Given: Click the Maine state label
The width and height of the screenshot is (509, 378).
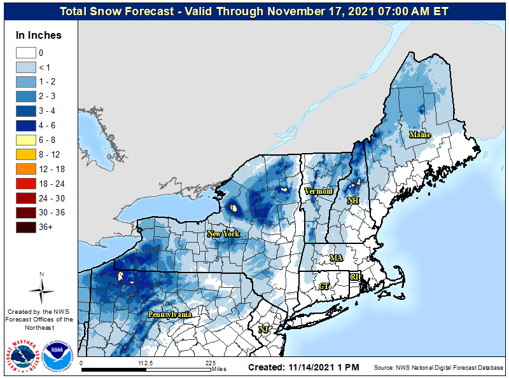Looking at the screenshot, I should pos(420,135).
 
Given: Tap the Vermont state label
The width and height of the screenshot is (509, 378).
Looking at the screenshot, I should pos(319,191).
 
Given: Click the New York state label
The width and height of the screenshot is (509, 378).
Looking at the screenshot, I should pos(223,234).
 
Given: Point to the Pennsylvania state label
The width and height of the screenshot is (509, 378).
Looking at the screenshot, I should pos(170,314).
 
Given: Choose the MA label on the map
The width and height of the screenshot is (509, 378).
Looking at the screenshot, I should pos(336,258).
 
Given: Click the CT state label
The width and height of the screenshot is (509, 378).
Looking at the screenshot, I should pos(324,287).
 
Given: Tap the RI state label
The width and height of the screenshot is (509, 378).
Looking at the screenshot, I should pos(355,277).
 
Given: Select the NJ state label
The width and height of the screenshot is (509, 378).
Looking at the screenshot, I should pos(263,330).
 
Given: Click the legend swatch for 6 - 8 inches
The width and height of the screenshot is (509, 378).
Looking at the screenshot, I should pos(25,140).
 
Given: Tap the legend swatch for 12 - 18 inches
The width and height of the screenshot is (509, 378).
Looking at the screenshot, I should pos(25,169).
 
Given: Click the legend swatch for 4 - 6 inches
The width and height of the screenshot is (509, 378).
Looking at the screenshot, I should pos(25,125).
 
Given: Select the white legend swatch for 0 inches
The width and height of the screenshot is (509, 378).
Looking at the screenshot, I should pos(25,53).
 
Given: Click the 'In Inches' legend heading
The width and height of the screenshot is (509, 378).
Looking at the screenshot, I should pos(39,35).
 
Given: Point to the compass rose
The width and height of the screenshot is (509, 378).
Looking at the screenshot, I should pos(41,289).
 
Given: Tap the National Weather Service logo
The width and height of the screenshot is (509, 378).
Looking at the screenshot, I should pos(24,356).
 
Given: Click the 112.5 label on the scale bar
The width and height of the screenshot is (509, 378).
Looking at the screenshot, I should pos(146,363).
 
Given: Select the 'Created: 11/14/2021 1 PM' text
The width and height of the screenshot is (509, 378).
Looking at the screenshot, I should pos(303,367).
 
